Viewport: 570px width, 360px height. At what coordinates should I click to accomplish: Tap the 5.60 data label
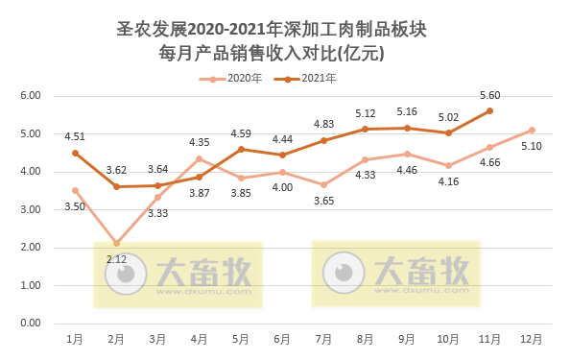(x=489, y=94)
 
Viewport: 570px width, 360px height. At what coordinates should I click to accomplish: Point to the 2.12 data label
(x=116, y=258)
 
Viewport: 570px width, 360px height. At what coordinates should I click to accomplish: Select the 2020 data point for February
(x=116, y=243)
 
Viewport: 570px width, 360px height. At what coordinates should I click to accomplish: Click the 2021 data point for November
(x=489, y=110)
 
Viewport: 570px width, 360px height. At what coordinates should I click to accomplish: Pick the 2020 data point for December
(x=532, y=130)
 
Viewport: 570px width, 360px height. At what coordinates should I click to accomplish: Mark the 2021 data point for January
(x=75, y=153)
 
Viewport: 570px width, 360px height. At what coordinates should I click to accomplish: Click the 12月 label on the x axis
(x=531, y=339)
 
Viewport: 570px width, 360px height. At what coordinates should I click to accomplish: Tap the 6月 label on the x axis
(x=282, y=339)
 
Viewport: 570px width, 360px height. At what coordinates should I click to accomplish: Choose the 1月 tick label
(x=75, y=339)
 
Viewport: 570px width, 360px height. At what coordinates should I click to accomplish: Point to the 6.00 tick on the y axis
(x=30, y=96)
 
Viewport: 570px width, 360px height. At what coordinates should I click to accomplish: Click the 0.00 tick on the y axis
(x=30, y=324)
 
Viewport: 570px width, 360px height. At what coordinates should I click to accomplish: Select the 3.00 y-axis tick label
(x=30, y=209)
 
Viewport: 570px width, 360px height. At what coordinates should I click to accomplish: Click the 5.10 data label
(x=532, y=146)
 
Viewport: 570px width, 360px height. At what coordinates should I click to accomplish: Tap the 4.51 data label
(x=75, y=136)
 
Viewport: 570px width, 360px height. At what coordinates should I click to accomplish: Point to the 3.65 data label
(x=323, y=201)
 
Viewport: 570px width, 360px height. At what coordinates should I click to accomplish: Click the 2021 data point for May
(x=241, y=149)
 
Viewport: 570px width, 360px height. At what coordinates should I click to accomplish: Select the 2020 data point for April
(x=200, y=158)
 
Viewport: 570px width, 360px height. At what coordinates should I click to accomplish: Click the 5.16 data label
(x=407, y=111)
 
